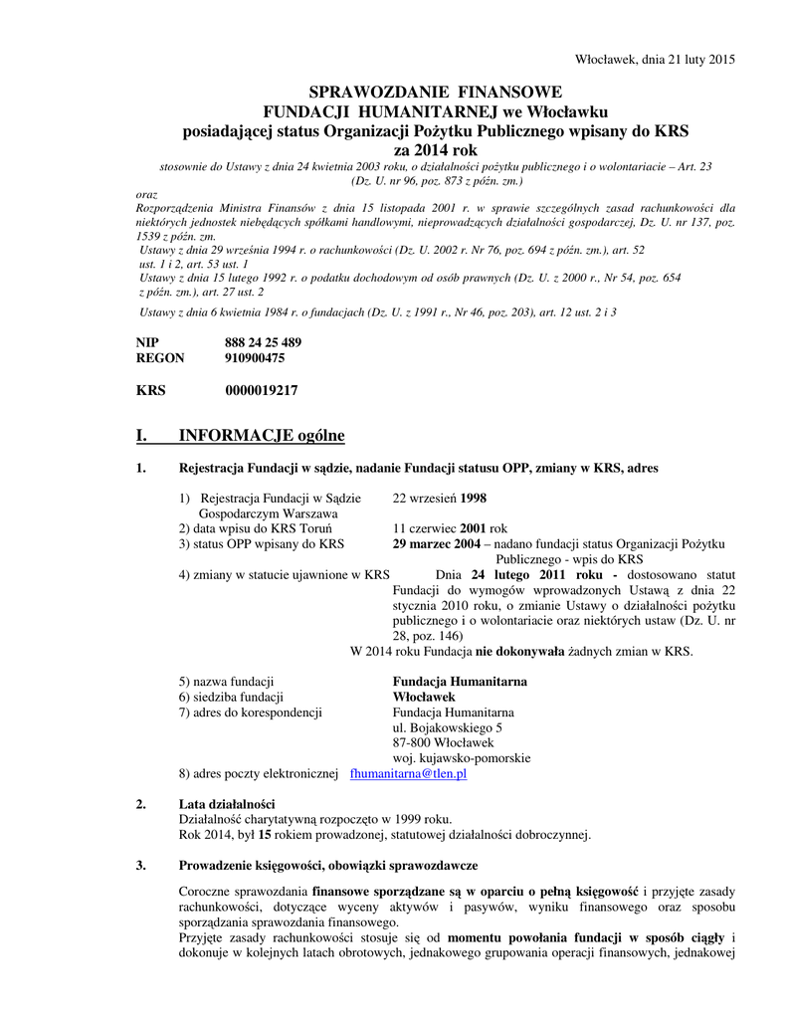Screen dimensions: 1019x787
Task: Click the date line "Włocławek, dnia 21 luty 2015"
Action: click(x=656, y=59)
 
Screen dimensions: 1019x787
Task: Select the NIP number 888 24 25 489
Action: click(x=263, y=342)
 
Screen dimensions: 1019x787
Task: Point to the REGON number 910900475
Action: click(x=255, y=358)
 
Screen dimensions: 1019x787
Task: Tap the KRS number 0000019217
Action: click(x=261, y=391)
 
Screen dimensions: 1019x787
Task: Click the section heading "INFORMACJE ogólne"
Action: click(x=261, y=435)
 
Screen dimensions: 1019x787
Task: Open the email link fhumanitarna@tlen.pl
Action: click(x=409, y=773)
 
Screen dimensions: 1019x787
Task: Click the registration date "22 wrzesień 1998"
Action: click(x=439, y=499)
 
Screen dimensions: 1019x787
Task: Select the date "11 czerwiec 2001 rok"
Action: click(x=450, y=528)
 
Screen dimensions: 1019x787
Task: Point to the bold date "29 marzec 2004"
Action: click(x=437, y=544)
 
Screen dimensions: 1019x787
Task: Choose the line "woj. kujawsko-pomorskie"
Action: click(x=462, y=758)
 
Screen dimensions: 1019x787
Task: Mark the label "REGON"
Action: click(x=159, y=358)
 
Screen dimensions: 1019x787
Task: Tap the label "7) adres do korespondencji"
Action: click(x=250, y=713)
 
